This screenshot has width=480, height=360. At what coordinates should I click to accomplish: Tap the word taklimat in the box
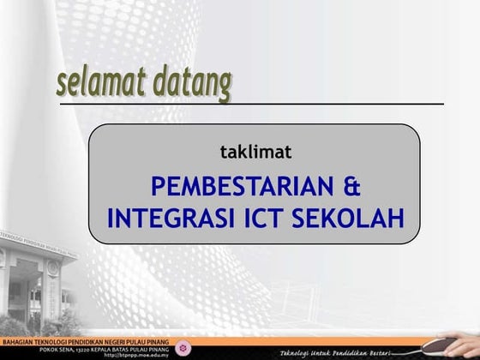(x=255, y=153)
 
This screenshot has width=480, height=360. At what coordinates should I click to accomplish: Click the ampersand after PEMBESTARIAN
(x=350, y=186)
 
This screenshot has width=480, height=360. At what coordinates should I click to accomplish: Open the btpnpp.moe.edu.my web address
(x=137, y=355)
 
